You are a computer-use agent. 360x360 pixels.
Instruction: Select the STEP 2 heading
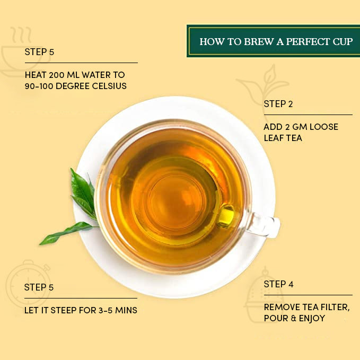click(x=278, y=104)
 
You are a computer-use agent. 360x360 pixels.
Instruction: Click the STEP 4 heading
click(x=278, y=284)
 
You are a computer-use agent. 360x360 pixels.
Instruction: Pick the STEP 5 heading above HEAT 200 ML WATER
click(x=39, y=52)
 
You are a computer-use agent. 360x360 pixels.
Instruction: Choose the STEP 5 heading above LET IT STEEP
click(x=39, y=287)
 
